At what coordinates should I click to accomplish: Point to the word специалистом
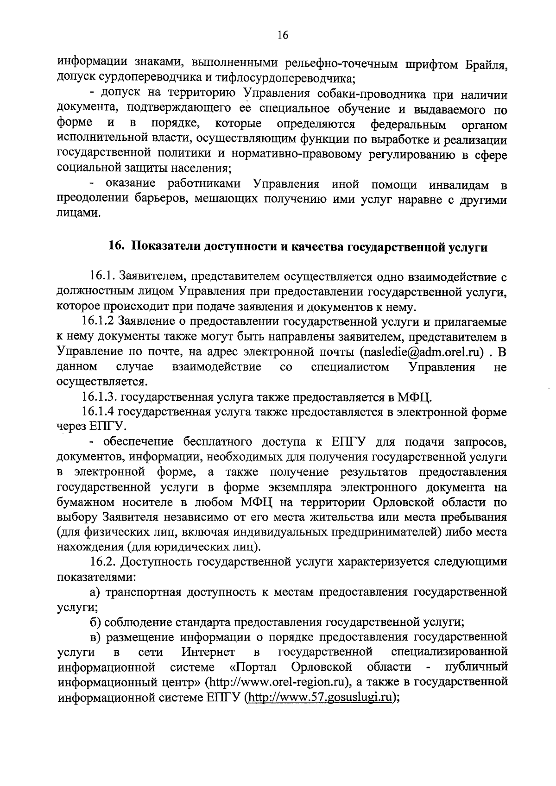(350, 367)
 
